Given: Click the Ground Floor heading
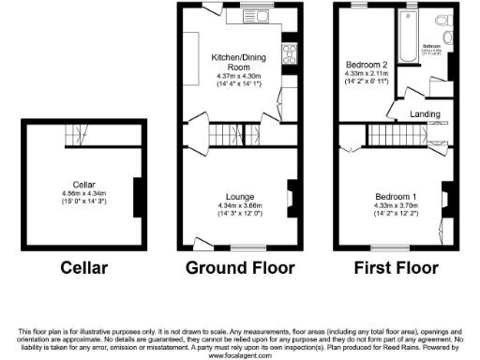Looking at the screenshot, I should pyautogui.click(x=240, y=268).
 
